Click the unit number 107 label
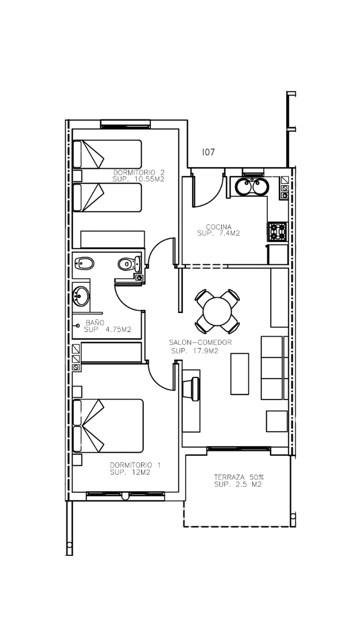click(x=208, y=152)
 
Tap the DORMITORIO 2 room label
click(x=139, y=173)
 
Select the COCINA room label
click(x=219, y=227)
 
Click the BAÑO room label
click(x=95, y=323)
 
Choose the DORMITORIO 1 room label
click(x=135, y=465)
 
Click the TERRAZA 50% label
click(x=239, y=477)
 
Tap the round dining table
click(x=217, y=311)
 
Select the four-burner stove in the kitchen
click(x=277, y=231)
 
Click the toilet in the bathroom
click(x=129, y=263)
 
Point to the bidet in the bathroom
click(x=84, y=263)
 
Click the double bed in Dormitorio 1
click(x=108, y=426)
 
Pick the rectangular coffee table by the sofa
click(x=240, y=374)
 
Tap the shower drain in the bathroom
click(x=78, y=326)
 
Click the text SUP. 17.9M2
click(x=195, y=351)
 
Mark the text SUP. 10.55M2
click(x=139, y=179)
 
